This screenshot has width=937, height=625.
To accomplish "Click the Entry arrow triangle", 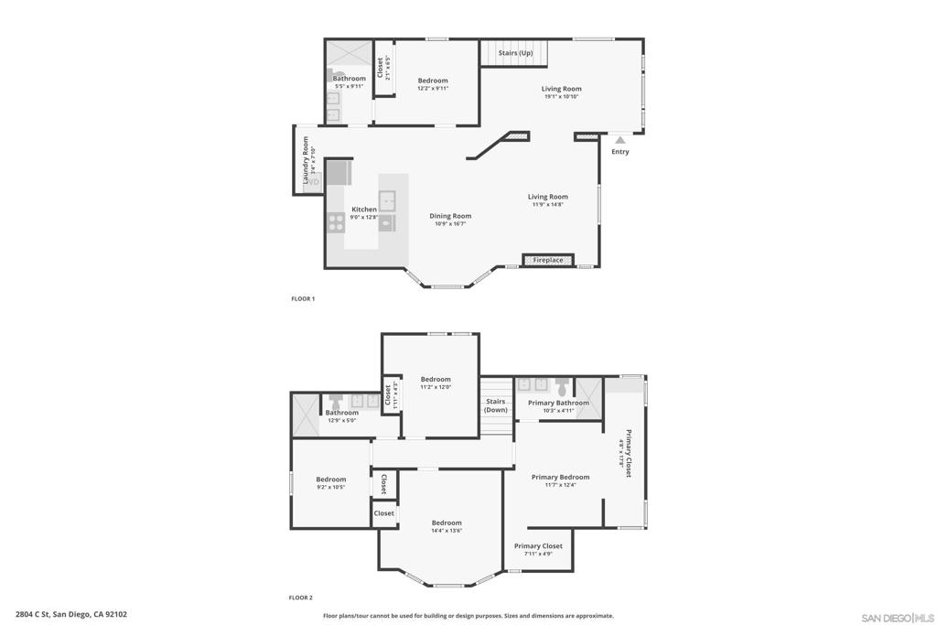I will pos(620,140).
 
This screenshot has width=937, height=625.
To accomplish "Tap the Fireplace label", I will pos(548,260).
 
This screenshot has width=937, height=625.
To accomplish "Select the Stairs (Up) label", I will pos(515,53).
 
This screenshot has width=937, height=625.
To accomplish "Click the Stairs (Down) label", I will pos(495,405).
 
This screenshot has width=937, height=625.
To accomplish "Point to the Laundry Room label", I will pos(307,159).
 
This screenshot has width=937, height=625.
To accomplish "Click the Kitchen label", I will pos(363,210).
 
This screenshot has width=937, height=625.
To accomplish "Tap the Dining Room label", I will pos(450,216).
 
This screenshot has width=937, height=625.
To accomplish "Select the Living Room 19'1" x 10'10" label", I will pos(561,89).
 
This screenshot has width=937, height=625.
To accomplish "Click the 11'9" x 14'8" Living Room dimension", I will pos(547,204).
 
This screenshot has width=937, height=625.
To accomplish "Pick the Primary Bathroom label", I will pos(559,403).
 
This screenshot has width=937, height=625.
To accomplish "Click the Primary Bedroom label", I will pos(560,477).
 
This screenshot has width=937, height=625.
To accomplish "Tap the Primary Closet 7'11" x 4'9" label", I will pos(538,546).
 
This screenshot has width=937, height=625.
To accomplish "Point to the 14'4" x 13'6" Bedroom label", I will pos(447,523).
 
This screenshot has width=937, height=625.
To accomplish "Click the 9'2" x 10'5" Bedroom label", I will pos(330,480).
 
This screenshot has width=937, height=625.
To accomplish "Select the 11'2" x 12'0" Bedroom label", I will pos(436,379).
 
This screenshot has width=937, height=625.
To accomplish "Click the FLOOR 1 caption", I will pos(302,299).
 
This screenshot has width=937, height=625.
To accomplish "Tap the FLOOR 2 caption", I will pos(301,598).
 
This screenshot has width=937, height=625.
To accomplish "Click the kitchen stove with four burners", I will pos(336,221).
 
